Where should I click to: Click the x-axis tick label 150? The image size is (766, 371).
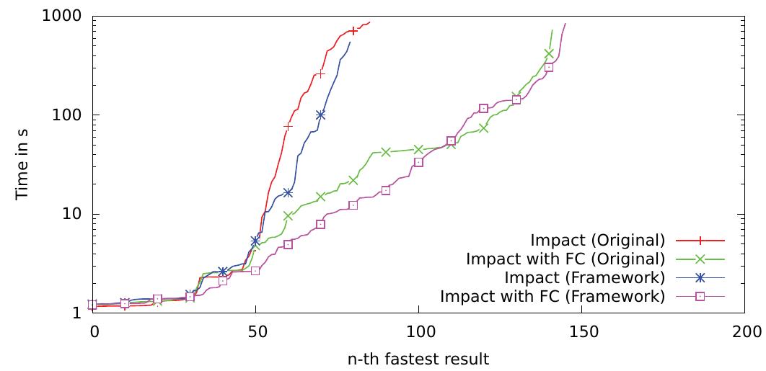pyautogui.click(x=581, y=331)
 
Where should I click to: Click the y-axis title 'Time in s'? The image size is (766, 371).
pyautogui.click(x=22, y=164)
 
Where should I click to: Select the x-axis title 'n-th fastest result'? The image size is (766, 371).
pyautogui.click(x=417, y=358)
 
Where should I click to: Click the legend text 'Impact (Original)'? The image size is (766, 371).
pyautogui.click(x=597, y=240)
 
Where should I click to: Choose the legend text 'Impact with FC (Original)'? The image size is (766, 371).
pyautogui.click(x=565, y=259)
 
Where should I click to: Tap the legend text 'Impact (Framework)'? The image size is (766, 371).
pyautogui.click(x=584, y=277)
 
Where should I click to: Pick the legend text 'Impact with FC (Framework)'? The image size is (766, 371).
pyautogui.click(x=553, y=296)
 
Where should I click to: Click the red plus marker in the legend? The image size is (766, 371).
pyautogui.click(x=700, y=240)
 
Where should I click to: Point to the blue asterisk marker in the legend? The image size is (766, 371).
pyautogui.click(x=700, y=277)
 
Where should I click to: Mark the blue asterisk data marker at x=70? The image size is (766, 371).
pyautogui.click(x=320, y=115)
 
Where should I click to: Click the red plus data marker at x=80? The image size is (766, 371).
pyautogui.click(x=353, y=31)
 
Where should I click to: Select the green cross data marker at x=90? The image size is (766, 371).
pyautogui.click(x=386, y=152)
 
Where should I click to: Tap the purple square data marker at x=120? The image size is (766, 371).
pyautogui.click(x=483, y=109)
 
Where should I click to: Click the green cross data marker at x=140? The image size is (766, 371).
pyautogui.click(x=549, y=53)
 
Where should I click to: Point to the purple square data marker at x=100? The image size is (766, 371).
pyautogui.click(x=418, y=163)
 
